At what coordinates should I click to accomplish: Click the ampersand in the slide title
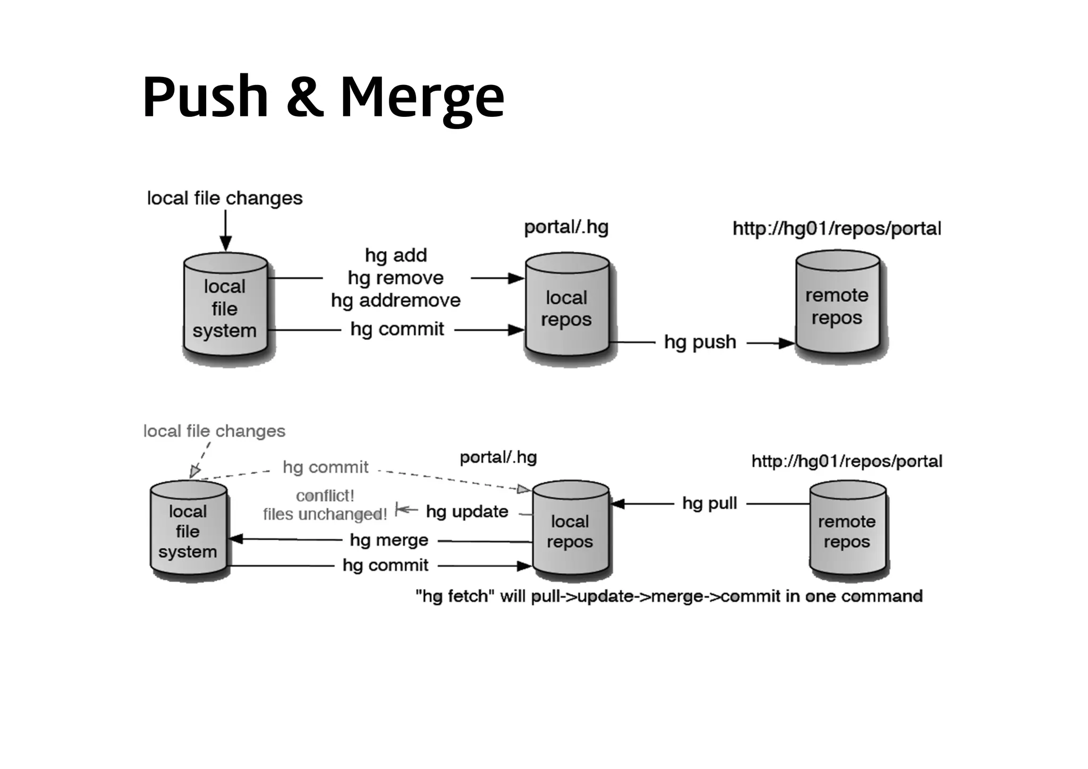[304, 97]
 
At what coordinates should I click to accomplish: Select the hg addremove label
[396, 301]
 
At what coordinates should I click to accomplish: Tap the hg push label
[700, 342]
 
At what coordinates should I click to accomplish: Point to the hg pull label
[709, 503]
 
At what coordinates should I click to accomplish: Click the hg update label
[467, 511]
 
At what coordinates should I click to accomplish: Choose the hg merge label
[389, 540]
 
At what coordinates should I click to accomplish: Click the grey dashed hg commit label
[325, 467]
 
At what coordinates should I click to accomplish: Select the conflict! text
[325, 495]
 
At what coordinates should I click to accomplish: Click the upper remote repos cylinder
[837, 305]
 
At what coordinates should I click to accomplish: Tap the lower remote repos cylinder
[847, 531]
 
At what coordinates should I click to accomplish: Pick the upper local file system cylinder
[225, 308]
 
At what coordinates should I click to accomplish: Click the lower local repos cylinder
[570, 531]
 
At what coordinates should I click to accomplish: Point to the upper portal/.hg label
[566, 227]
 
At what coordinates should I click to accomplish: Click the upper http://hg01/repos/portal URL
[837, 229]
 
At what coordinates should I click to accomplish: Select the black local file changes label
[225, 198]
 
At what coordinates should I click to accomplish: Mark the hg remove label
[396, 278]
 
